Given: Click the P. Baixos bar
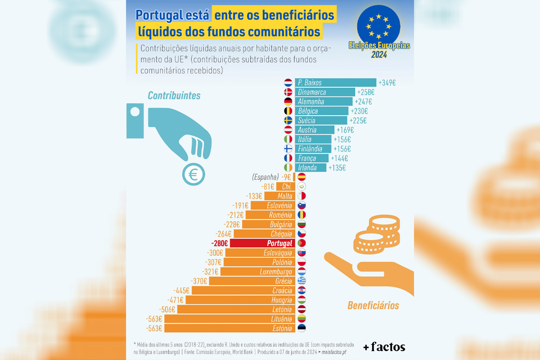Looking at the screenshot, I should (336, 83).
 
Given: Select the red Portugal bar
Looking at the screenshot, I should (262, 243).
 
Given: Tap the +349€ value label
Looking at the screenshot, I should (387, 83).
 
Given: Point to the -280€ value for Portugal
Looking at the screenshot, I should (219, 243).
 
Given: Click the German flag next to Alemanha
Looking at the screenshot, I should (288, 102).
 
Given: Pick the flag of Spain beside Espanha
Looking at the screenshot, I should (302, 177).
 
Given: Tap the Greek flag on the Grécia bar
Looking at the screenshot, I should (302, 281).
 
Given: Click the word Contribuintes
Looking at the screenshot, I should (174, 96).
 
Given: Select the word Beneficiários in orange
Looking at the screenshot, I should (373, 306).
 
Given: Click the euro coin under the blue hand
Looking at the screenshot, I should (194, 174).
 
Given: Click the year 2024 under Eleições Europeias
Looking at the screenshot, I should (378, 55).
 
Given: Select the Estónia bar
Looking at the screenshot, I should (229, 328).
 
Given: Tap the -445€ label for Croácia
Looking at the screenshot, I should (182, 290).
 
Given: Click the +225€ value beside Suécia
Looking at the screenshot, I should (358, 121).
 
